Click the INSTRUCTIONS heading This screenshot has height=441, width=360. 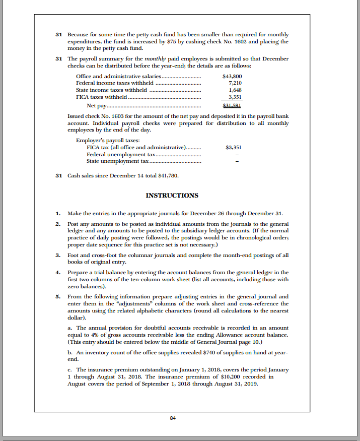tap(172, 196)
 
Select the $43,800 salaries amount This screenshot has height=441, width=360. tap(232, 76)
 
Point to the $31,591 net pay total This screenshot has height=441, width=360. tap(232, 105)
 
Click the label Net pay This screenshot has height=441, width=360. tap(97, 105)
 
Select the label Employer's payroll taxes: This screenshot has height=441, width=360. tap(108, 140)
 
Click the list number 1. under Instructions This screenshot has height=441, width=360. tap(58, 213)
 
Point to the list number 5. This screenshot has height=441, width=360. tap(58, 297)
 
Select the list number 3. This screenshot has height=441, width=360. tap(58, 255)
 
